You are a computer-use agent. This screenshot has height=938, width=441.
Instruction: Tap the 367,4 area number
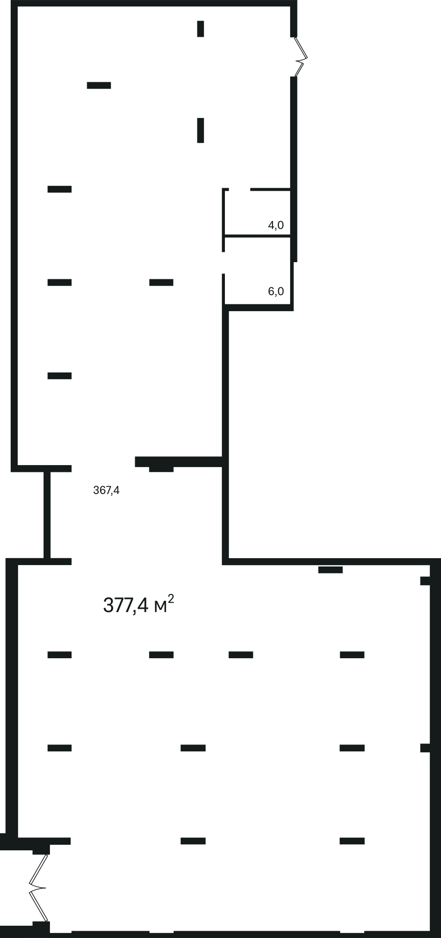pos(106,490)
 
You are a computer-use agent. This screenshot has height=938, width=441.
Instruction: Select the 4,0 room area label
pos(275,225)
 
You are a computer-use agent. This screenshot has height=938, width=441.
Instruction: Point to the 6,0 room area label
pos(275,292)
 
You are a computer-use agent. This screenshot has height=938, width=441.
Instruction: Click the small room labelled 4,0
pos(258,213)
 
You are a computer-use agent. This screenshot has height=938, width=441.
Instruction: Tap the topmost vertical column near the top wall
pos(200,28)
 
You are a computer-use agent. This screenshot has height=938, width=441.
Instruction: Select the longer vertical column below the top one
pos(200,130)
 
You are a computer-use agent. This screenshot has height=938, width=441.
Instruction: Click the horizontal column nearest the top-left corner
pos(99,85)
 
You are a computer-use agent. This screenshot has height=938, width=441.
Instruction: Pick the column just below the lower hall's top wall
pos(330,569)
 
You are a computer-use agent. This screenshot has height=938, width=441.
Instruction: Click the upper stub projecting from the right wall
pos(425,581)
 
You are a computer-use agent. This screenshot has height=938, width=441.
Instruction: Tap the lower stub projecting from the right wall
pos(425,748)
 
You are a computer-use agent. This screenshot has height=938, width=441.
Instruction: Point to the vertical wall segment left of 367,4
pos(47,515)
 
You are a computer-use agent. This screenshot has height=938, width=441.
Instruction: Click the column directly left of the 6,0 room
pos(161,282)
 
